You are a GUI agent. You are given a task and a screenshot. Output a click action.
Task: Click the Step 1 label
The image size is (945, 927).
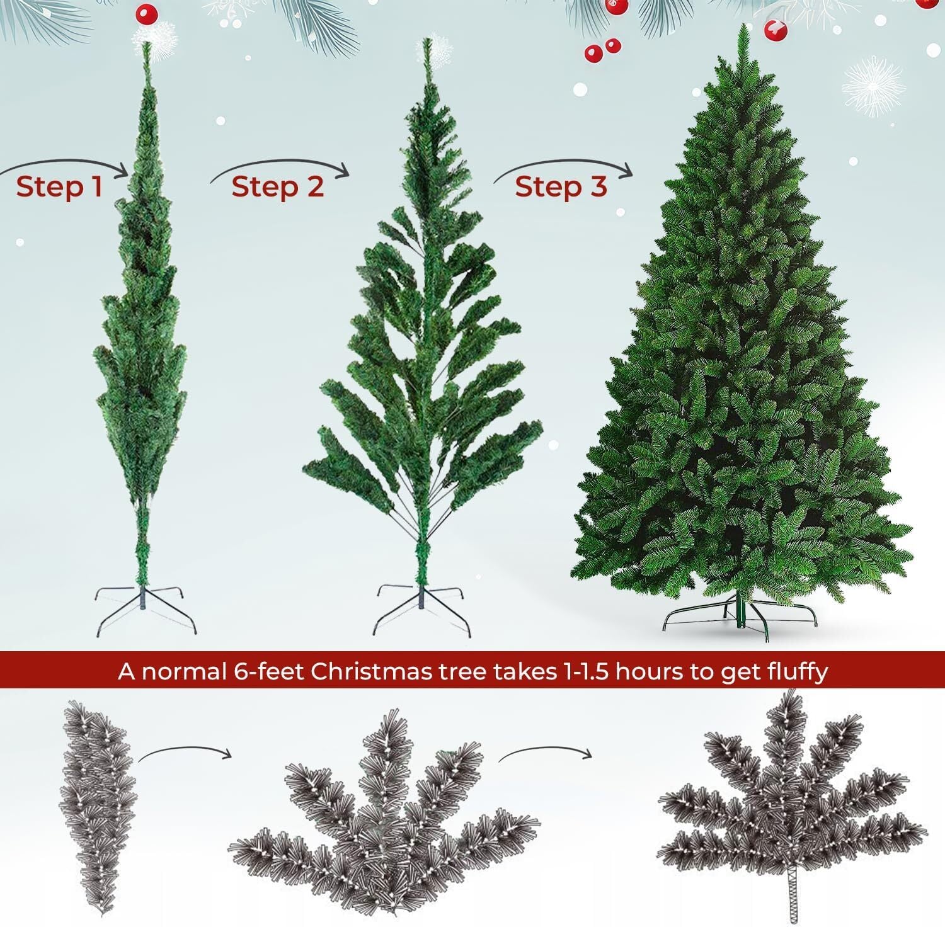click(59, 187)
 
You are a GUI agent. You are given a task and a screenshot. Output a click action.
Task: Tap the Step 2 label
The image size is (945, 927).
click(277, 187)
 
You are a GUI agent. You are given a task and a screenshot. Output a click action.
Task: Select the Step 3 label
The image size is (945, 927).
click(561, 187)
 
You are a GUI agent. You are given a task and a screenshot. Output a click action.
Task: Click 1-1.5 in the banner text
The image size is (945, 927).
click(581, 671)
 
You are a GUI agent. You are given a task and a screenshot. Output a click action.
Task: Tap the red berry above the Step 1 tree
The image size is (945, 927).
click(146, 13)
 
